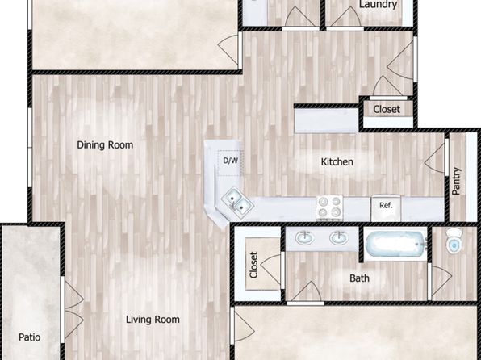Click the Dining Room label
[x=105, y=144]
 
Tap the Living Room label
[x=153, y=320]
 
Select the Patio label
[x=29, y=337]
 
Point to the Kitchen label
[x=337, y=161]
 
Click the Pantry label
[x=456, y=181]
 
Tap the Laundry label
[x=378, y=4]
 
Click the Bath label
[x=359, y=278]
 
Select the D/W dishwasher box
[x=230, y=163]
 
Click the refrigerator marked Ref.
[x=386, y=207]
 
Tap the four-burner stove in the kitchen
[x=330, y=207]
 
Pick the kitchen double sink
[x=237, y=203]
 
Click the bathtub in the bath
[x=395, y=245]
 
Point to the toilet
[x=454, y=241]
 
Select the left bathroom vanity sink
[x=304, y=238]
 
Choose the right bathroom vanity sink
[x=339, y=238]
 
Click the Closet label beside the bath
[x=253, y=265]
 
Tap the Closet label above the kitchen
[x=387, y=109]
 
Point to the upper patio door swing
[x=74, y=292]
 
